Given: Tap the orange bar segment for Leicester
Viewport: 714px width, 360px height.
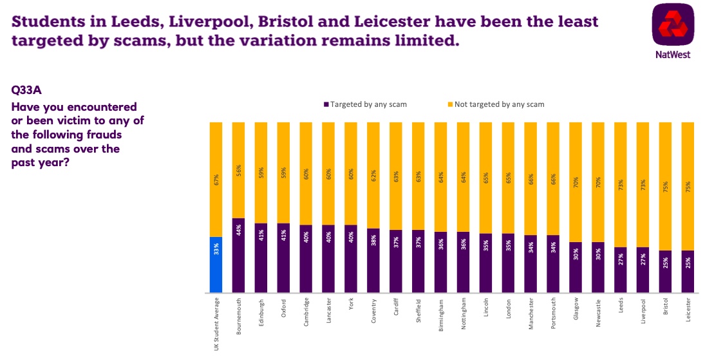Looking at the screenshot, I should point(688,186).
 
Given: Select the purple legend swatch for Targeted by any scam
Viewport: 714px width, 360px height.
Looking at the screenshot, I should point(326,104).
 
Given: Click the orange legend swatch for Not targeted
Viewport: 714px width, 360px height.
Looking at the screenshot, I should point(450,104).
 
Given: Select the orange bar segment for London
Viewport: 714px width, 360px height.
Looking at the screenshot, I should point(508,178).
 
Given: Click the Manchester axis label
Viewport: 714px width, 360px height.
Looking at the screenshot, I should point(531,314).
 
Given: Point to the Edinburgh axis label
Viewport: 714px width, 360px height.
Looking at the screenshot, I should point(261,312).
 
